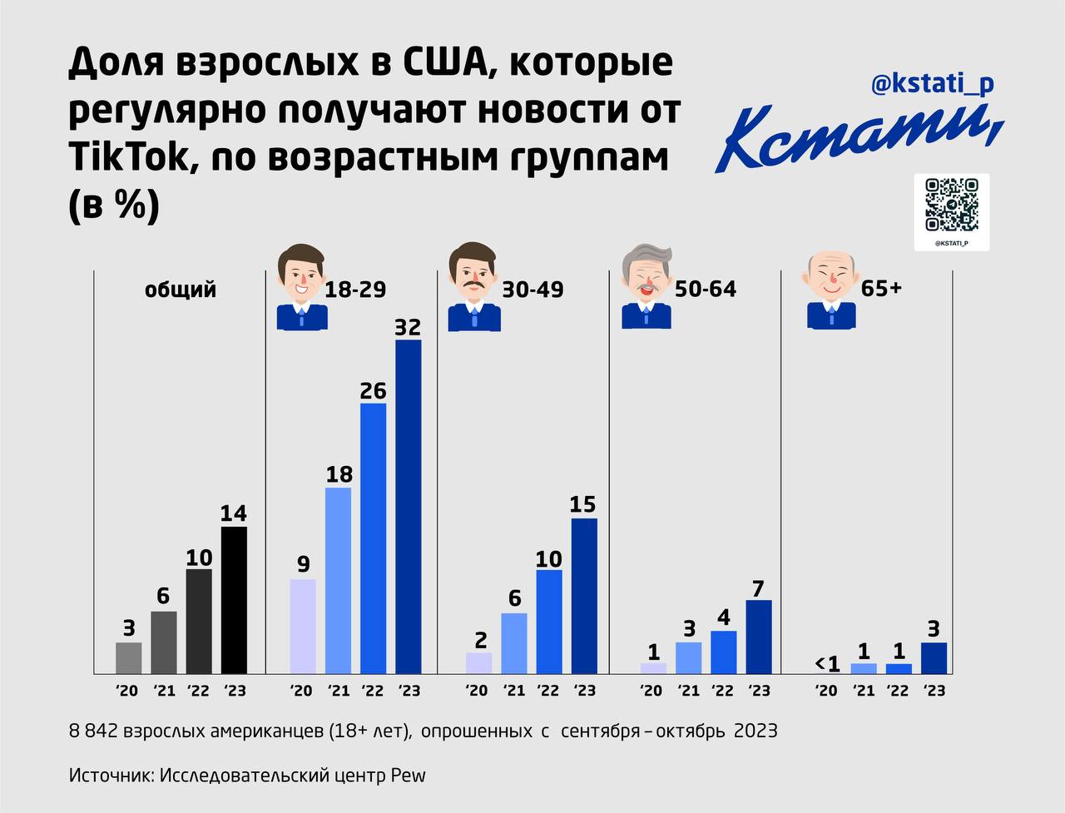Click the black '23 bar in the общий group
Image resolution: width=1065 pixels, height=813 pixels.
[x=234, y=599]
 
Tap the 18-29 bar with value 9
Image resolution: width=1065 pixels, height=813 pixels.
[x=303, y=626]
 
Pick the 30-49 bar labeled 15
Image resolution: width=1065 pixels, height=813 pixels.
[x=584, y=595]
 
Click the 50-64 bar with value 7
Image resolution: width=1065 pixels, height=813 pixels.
[x=759, y=636]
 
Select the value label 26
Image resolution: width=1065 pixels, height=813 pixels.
[x=373, y=389]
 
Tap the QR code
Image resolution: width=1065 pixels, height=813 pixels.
[x=951, y=205]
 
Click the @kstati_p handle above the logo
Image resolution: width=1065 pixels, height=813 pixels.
[x=932, y=84]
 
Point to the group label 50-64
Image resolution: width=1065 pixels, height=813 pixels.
[x=706, y=289]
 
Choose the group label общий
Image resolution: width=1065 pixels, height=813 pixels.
[x=181, y=289]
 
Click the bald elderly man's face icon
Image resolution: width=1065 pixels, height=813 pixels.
[x=829, y=275]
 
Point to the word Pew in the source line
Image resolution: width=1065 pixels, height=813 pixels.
[x=408, y=775]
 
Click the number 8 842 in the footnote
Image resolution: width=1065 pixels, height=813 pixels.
[x=93, y=731]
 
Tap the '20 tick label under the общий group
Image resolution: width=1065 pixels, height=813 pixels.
[x=128, y=691]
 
